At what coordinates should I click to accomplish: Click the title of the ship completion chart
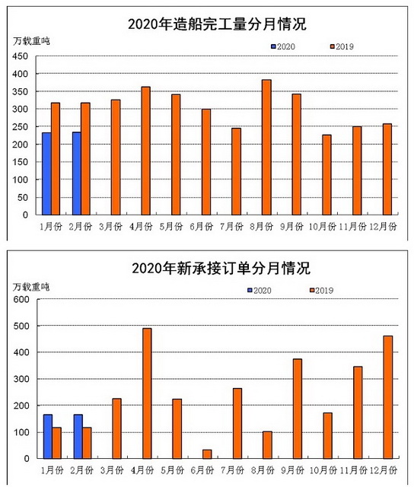pyautogui.click(x=217, y=24)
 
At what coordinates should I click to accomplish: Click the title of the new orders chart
pyautogui.click(x=221, y=268)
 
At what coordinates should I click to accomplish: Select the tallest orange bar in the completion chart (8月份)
pyautogui.click(x=266, y=147)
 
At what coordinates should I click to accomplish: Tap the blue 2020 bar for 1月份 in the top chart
pyautogui.click(x=46, y=174)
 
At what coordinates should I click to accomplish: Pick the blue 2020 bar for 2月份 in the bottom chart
pyautogui.click(x=78, y=436)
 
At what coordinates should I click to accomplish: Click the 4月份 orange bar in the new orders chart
pyautogui.click(x=147, y=393)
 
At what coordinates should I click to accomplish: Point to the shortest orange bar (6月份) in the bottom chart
pyautogui.click(x=207, y=454)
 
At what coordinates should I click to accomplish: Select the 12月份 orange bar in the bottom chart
pyautogui.click(x=388, y=397)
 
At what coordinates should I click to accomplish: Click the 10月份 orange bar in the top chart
pyautogui.click(x=326, y=175)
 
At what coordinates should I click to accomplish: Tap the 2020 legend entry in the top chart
pyautogui.click(x=283, y=46)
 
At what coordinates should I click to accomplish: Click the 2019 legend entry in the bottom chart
pyautogui.click(x=321, y=291)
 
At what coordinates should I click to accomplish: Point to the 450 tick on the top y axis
pyautogui.click(x=21, y=56)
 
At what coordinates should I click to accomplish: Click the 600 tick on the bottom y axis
pyautogui.click(x=21, y=299)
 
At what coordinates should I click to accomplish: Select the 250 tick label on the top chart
pyautogui.click(x=21, y=127)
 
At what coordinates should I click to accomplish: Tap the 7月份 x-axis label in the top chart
pyautogui.click(x=231, y=227)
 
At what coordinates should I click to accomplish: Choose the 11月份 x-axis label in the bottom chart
pyautogui.click(x=354, y=470)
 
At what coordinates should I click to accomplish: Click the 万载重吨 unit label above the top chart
pyautogui.click(x=31, y=41)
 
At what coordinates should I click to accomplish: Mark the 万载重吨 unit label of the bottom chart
pyautogui.click(x=31, y=287)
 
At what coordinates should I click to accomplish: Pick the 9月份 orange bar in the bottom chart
pyautogui.click(x=298, y=409)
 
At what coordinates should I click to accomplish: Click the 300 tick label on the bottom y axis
pyautogui.click(x=21, y=379)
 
